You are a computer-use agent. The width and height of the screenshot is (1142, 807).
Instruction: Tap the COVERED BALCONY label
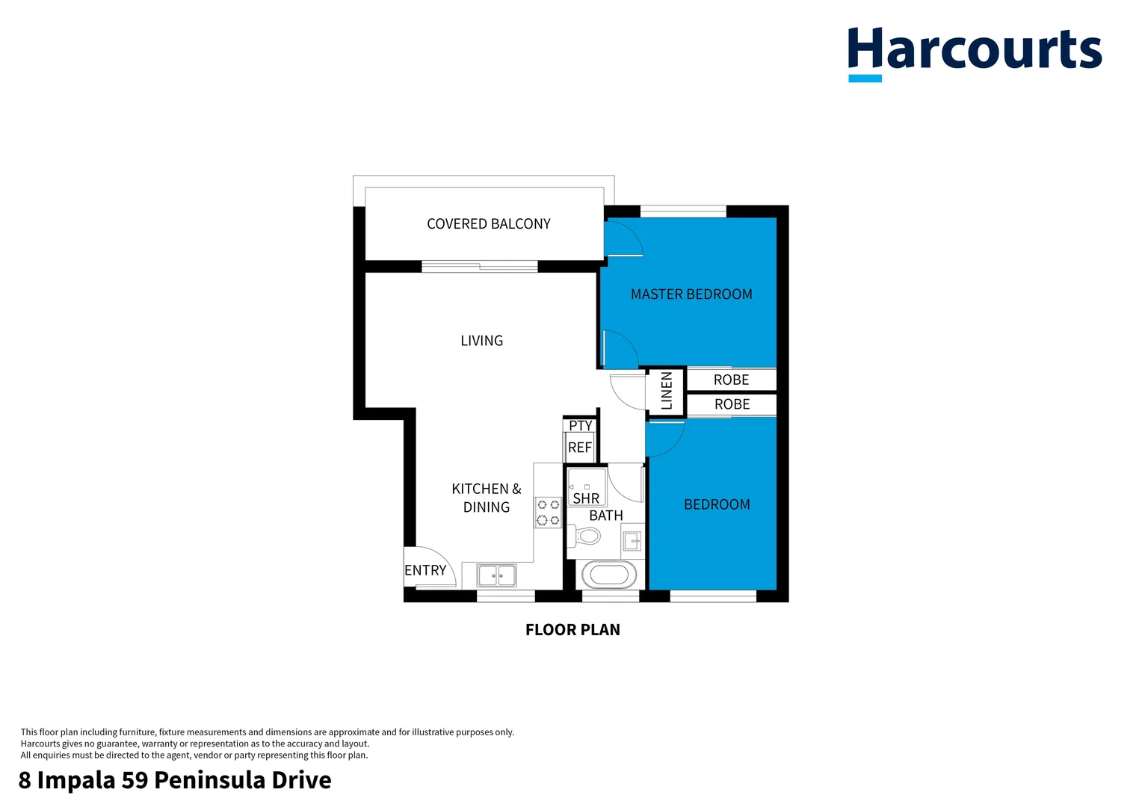(x=489, y=223)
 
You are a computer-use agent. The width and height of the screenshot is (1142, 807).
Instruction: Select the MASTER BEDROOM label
(x=691, y=294)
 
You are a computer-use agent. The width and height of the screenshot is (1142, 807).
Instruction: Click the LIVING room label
(x=482, y=341)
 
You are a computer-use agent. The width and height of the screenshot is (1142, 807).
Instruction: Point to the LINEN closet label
(x=667, y=391)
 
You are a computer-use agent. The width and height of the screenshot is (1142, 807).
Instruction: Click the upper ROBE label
(x=731, y=380)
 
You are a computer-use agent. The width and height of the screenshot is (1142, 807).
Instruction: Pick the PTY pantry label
(x=581, y=425)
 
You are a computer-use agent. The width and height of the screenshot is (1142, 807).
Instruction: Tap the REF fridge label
(x=580, y=448)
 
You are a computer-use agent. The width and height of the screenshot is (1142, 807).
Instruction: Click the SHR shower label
(x=586, y=498)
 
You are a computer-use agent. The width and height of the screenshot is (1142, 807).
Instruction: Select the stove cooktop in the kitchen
(x=549, y=513)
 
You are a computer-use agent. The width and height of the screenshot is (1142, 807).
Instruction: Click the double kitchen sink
(x=497, y=575)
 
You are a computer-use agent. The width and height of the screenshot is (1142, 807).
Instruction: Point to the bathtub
(x=609, y=575)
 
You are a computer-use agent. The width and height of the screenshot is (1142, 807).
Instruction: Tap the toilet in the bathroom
(x=587, y=536)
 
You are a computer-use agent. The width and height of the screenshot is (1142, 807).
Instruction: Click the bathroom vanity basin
(x=632, y=540)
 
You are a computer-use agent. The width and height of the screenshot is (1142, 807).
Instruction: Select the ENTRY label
(x=425, y=570)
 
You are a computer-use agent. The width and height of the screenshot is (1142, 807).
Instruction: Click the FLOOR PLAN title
(x=572, y=630)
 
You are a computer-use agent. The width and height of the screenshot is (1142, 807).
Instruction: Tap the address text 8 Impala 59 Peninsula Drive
(x=175, y=780)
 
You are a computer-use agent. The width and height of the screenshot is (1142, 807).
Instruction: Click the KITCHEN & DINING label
(x=487, y=498)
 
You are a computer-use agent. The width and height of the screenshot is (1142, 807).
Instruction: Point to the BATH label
(x=606, y=516)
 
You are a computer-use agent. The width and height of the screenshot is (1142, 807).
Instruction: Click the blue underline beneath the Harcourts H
(x=865, y=78)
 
